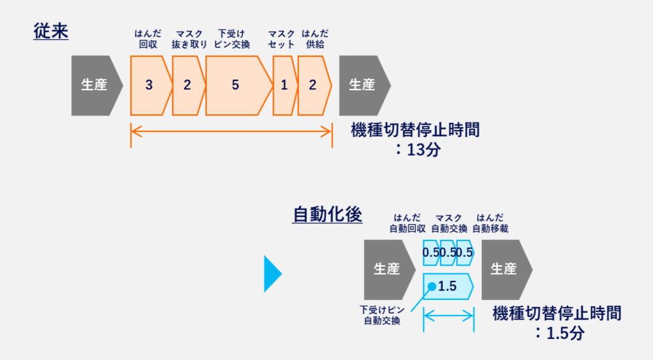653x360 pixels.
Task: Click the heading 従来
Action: [51, 31]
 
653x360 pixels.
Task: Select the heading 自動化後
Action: [327, 214]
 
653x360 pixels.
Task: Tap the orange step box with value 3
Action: [150, 85]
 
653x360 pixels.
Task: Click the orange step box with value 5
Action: [236, 85]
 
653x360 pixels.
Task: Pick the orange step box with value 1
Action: [284, 85]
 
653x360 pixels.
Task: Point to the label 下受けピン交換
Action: [232, 39]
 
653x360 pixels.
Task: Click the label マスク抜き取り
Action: [189, 39]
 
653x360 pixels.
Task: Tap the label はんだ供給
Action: [315, 39]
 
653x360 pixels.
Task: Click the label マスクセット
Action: [281, 39]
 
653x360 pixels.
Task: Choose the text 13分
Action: [419, 149]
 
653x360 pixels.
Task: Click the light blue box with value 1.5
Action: [449, 286]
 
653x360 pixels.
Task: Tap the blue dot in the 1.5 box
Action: [432, 286]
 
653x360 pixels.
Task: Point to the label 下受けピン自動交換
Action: [381, 315]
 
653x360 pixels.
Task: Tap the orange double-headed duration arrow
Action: [231, 131]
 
